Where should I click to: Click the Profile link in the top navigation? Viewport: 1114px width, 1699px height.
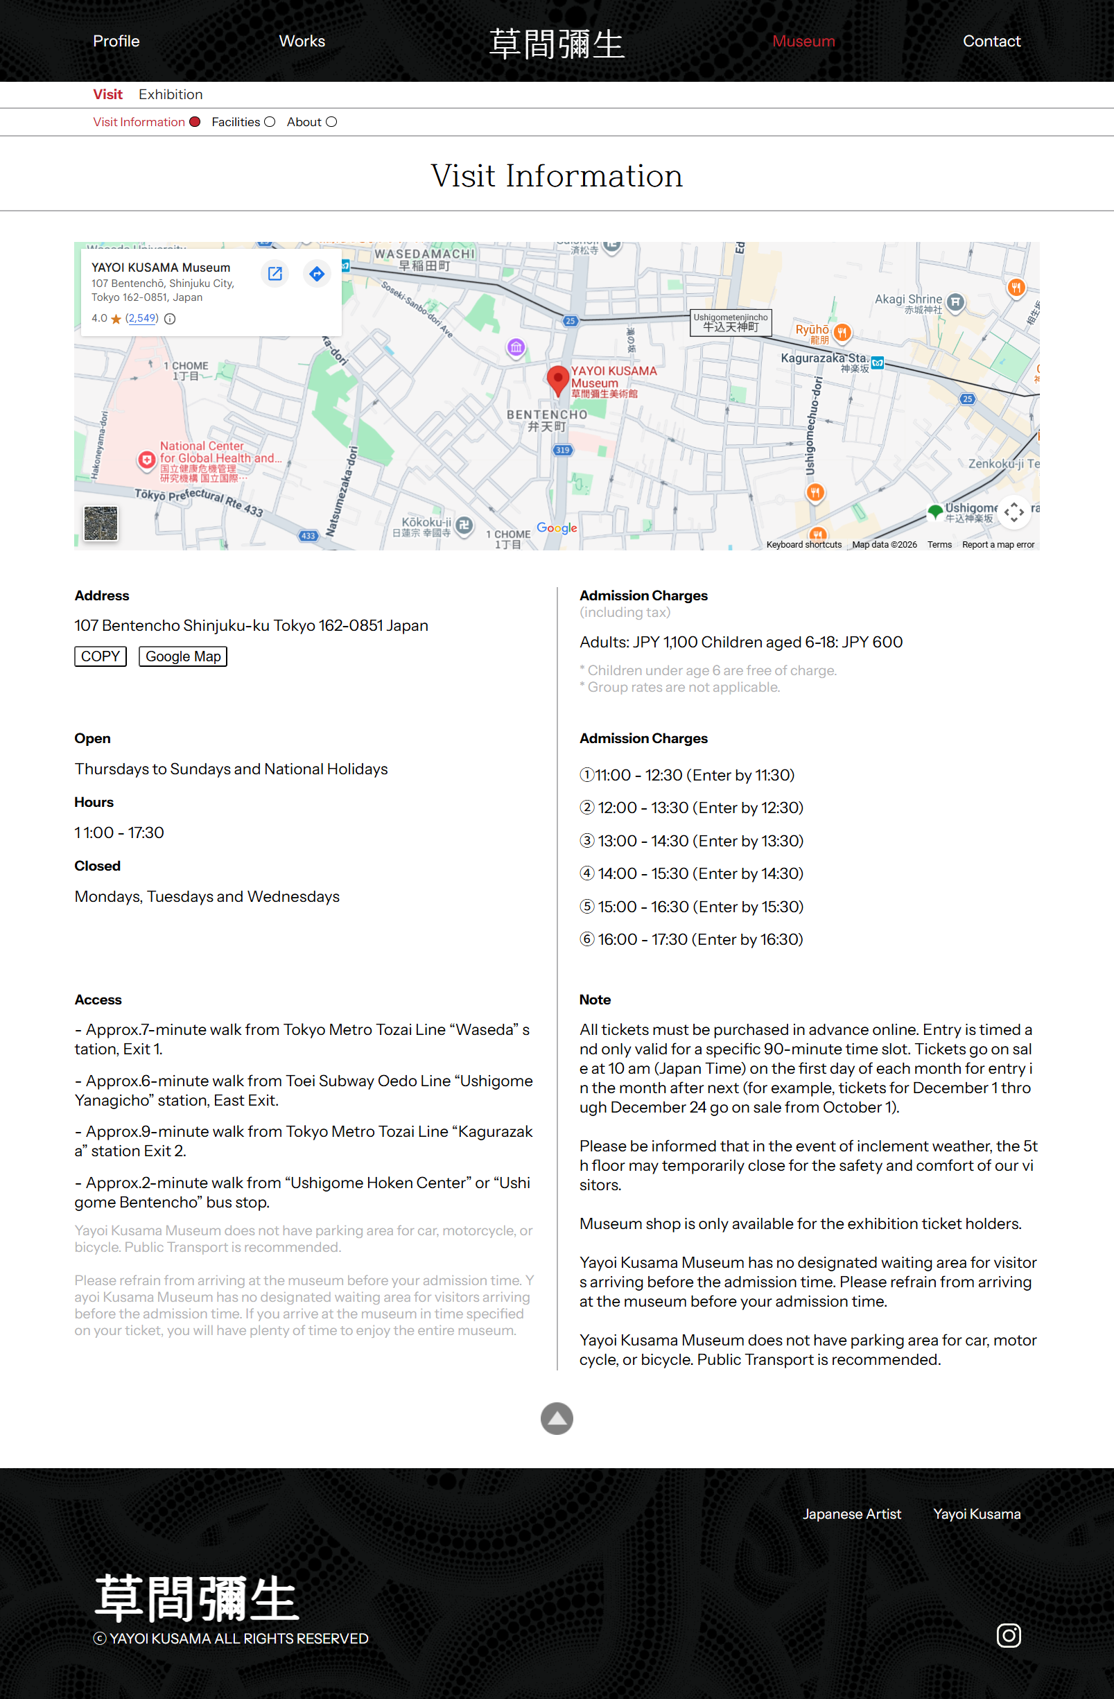tap(116, 42)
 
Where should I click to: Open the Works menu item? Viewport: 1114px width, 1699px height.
tap(302, 42)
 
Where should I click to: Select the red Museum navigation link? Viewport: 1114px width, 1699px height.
tap(803, 42)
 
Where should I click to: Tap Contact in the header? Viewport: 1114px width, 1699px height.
tap(991, 42)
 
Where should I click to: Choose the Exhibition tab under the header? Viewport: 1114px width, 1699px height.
tap(171, 94)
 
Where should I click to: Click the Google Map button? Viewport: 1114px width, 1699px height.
tap(183, 656)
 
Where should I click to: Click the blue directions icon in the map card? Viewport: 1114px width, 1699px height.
tap(317, 273)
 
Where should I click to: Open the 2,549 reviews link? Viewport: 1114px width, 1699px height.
tap(141, 318)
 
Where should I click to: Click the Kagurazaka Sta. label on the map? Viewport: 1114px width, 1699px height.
tap(825, 358)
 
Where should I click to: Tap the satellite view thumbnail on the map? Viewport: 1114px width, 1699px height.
tap(101, 523)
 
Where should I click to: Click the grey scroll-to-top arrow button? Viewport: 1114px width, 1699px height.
tap(557, 1418)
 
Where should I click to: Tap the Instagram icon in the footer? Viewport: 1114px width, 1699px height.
tap(1009, 1635)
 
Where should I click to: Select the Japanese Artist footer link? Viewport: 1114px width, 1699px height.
tap(851, 1514)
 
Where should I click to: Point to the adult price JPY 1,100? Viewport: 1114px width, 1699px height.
tap(665, 642)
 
